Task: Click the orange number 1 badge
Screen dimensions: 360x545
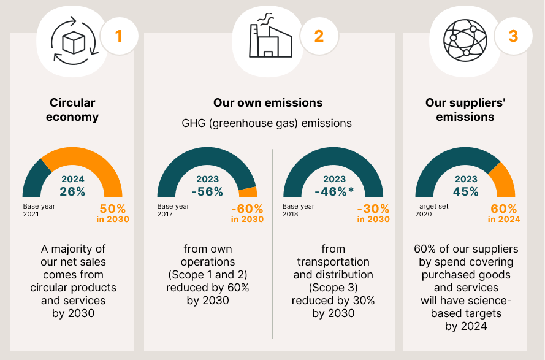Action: tap(118, 36)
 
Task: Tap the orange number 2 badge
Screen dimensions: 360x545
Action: tap(318, 36)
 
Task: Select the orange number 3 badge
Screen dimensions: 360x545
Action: tap(513, 36)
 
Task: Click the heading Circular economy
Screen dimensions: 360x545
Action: tap(73, 110)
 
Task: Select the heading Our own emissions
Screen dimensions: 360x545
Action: tap(268, 103)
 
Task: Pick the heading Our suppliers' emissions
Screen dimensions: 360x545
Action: tap(465, 110)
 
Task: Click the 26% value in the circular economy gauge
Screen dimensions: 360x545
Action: tap(72, 191)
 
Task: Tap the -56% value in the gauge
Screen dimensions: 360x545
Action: tap(207, 191)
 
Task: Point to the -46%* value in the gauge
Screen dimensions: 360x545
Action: tap(335, 191)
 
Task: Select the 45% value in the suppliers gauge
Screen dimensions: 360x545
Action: tap(465, 191)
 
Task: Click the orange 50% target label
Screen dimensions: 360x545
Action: tap(112, 209)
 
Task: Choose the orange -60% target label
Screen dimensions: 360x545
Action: tap(247, 209)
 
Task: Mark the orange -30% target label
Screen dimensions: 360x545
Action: tap(373, 209)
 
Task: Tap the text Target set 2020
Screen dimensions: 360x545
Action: tap(432, 210)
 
